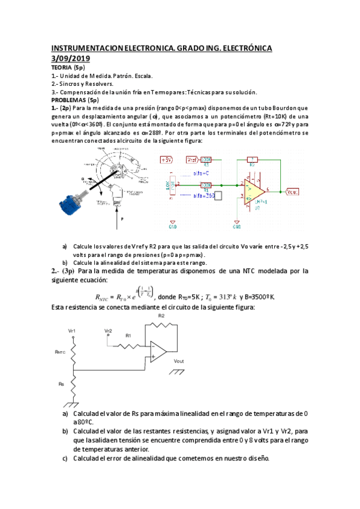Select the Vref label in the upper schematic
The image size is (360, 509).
point(192,160)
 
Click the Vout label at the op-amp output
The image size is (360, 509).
point(293,191)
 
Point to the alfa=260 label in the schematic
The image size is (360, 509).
point(203,195)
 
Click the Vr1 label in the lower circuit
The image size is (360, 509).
point(72,331)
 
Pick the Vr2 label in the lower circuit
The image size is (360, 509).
point(108,331)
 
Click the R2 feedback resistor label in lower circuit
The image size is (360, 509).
point(161,316)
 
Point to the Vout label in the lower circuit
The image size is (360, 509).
point(178,361)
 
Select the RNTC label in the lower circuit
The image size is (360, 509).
point(59,352)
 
